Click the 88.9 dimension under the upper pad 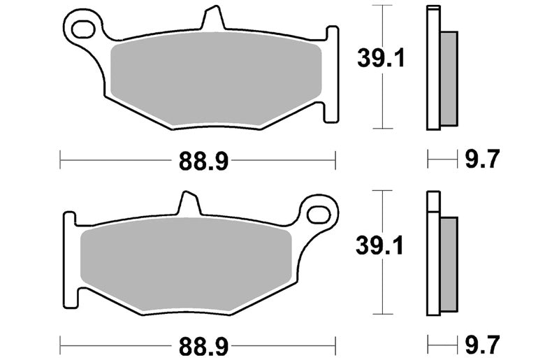coord(203,161)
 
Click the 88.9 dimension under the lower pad coord(203,346)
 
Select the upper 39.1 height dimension coord(381,58)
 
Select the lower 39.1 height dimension coord(379,246)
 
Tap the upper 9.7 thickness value coord(482,159)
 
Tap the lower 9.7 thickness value coord(482,345)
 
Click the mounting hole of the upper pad coord(83,29)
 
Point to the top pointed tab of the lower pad coord(188,203)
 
